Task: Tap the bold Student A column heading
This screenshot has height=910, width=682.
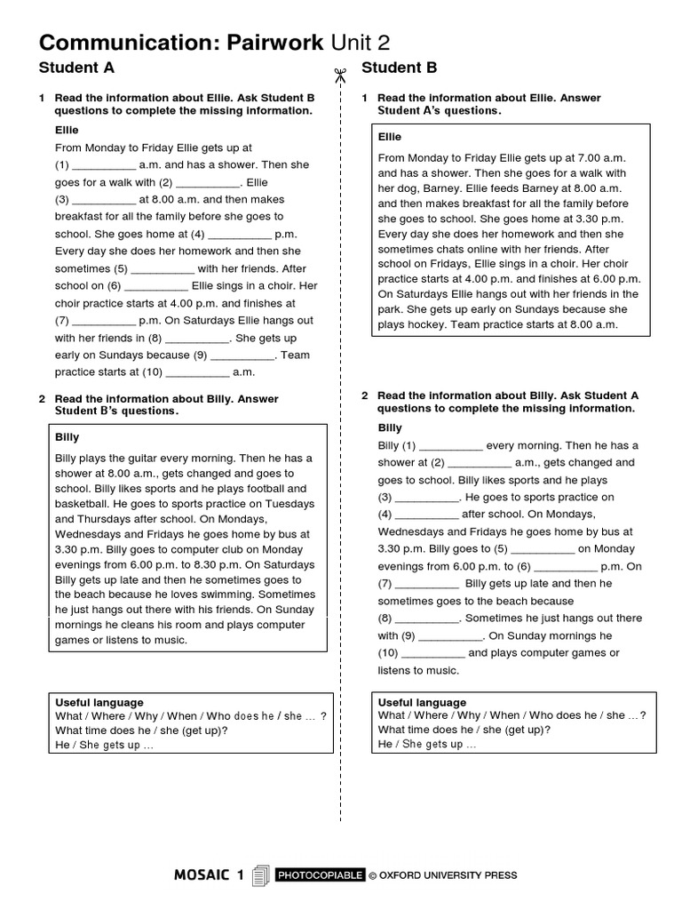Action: click(x=76, y=68)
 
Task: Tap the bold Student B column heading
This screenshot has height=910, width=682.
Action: click(x=400, y=68)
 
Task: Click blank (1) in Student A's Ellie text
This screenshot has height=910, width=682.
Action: click(x=102, y=165)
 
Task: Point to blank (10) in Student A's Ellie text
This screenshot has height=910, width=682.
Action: click(x=197, y=373)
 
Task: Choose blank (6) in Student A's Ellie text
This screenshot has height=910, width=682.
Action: click(x=156, y=287)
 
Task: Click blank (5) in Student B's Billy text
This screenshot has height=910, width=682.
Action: click(x=543, y=549)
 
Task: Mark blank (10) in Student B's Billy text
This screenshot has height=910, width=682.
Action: click(x=432, y=653)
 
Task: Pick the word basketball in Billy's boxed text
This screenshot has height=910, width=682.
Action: click(x=82, y=504)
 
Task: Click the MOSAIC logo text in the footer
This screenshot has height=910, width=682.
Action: click(x=210, y=876)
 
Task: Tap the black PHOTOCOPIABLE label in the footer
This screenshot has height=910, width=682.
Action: click(x=320, y=876)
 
